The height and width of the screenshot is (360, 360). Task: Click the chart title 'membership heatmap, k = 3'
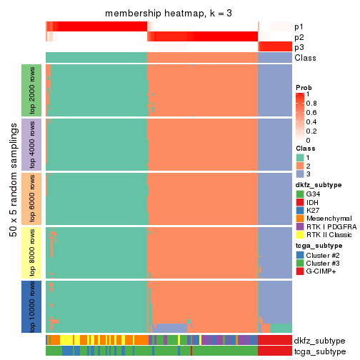169,14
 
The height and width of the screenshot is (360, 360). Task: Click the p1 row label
299,26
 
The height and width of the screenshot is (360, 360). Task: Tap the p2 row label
299,37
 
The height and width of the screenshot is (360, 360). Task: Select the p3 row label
299,47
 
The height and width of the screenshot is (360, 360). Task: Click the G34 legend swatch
300,194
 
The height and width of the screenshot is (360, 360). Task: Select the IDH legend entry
312,203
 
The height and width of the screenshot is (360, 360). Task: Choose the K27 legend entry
312,212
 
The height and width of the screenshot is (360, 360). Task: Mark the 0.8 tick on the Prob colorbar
312,103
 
